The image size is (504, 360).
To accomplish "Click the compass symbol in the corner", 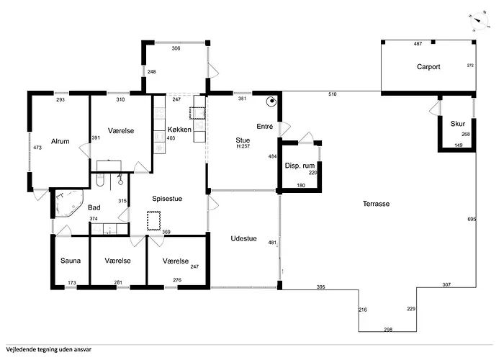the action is [x=479, y=21].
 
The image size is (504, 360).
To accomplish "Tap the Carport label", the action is [x=428, y=67].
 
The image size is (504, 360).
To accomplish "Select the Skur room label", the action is [x=458, y=124].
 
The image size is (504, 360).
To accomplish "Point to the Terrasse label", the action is [x=376, y=204].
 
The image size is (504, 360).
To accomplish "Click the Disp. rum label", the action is [x=300, y=166].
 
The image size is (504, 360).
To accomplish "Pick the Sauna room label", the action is [x=71, y=261].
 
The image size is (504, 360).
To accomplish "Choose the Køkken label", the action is [x=179, y=130].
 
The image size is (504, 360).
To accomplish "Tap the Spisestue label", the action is [x=167, y=199].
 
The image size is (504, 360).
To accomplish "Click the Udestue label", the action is [x=243, y=238].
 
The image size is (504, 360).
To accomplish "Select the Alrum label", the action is [x=60, y=141].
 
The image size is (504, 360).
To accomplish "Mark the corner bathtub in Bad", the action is [x=69, y=204].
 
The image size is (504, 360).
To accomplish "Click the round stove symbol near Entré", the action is [x=271, y=102].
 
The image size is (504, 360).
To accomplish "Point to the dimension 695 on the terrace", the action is [x=472, y=219].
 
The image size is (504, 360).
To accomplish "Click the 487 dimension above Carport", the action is [x=418, y=44].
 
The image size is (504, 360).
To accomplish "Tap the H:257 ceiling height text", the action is [x=243, y=146].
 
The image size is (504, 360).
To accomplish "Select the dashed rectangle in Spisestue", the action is [x=153, y=220].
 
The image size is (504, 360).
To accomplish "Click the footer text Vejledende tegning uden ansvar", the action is [x=48, y=349].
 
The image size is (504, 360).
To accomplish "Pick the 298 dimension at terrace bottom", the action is [x=388, y=330].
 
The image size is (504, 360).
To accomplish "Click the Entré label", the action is [x=264, y=127].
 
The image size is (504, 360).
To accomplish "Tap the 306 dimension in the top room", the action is [x=176, y=48].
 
